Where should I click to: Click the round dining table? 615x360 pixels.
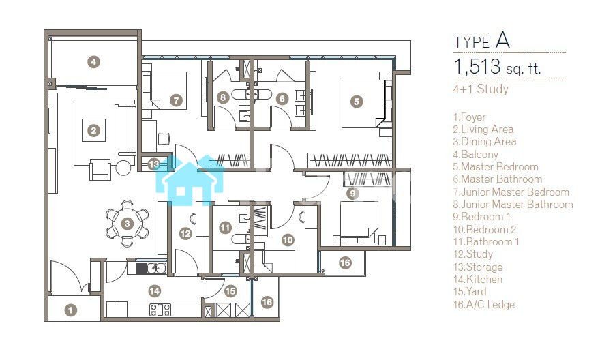(x=127, y=224)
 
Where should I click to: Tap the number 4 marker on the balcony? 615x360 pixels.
(x=93, y=61)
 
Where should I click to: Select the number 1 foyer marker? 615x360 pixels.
(x=71, y=310)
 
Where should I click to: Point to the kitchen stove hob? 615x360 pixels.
(x=160, y=310)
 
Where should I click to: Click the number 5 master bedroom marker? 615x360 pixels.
(x=357, y=102)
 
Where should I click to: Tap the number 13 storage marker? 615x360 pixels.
(x=154, y=164)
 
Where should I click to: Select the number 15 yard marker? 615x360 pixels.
(x=230, y=291)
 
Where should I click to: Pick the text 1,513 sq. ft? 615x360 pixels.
(x=497, y=67)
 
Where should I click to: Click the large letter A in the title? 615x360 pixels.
(x=502, y=40)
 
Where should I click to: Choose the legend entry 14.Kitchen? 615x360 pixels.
(x=478, y=280)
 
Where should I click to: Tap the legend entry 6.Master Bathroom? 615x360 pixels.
(x=497, y=179)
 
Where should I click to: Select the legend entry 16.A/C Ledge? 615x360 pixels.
(x=483, y=304)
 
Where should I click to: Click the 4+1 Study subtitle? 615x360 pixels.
(x=481, y=89)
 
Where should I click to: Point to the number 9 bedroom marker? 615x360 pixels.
(x=352, y=193)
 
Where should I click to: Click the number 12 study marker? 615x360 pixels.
(x=185, y=234)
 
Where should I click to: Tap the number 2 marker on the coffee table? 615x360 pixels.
(x=93, y=131)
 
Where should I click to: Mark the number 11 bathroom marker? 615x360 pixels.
(x=225, y=228)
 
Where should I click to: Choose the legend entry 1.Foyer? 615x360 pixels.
(x=469, y=117)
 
